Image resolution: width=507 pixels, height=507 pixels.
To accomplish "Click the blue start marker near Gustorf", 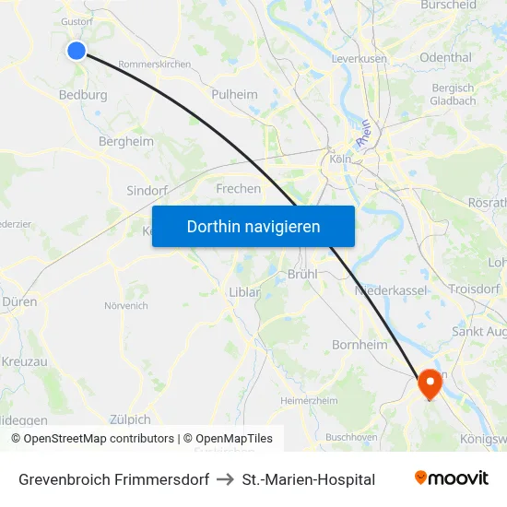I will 77,51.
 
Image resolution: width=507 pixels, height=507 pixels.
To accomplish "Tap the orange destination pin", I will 430,383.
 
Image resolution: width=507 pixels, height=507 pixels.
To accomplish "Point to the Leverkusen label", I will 359,58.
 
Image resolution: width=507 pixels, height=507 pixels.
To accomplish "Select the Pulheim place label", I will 234,94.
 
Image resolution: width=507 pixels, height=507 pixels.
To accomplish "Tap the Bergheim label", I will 126,141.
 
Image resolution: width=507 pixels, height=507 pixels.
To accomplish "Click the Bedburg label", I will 83,94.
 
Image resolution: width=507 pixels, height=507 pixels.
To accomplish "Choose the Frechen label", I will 238,188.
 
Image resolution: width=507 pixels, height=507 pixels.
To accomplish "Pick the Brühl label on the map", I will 302,274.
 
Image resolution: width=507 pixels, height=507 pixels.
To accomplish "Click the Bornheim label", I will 360,344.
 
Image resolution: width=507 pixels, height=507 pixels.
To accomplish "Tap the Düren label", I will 19,301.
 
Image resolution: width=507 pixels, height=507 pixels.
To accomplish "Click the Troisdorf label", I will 474,289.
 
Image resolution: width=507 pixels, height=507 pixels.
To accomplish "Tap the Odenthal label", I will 445,57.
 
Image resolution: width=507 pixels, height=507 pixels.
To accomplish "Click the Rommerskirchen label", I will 154,65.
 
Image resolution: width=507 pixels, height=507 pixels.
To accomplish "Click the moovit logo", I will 451,478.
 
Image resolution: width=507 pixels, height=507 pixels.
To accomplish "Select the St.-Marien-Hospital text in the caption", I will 308,479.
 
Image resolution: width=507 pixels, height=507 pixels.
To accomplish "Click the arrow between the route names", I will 226,479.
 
